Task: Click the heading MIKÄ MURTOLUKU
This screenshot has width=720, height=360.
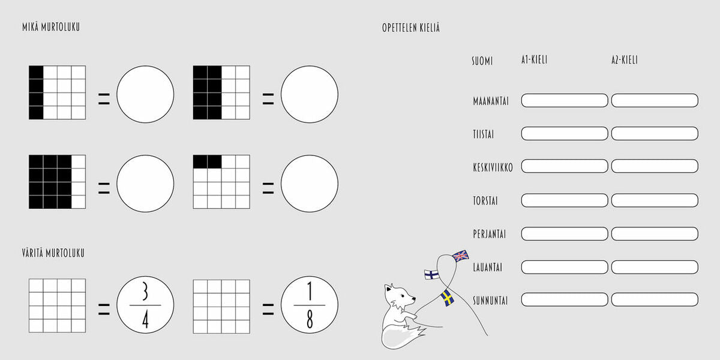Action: pos(51,27)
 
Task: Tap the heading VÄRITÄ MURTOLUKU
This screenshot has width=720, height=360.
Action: pos(53,253)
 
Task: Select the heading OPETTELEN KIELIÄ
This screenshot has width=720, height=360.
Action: pos(411,28)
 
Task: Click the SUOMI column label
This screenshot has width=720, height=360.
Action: pos(482,61)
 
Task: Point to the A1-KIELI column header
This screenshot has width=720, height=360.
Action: pos(534,60)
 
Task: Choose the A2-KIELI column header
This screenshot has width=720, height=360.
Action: pos(625,60)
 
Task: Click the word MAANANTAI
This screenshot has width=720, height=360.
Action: pos(491,101)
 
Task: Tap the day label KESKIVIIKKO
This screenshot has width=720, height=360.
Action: pos(493,167)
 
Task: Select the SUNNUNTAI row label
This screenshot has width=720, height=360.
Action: pos(490,301)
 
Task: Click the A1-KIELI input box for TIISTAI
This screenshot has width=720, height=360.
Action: pos(565,133)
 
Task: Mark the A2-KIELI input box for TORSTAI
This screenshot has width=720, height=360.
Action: pos(655,200)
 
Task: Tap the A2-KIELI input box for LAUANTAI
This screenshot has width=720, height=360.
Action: pos(655,267)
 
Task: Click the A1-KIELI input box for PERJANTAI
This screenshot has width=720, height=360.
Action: pos(565,233)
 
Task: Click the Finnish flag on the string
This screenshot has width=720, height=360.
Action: pos(431,275)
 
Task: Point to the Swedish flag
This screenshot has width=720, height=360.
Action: pos(447,298)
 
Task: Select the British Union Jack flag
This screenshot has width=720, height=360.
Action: pos(461,256)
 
